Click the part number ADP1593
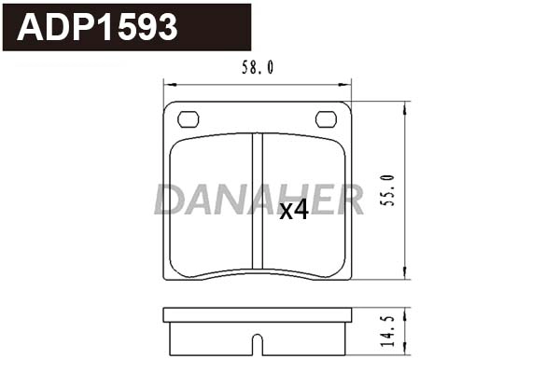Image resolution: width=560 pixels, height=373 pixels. (x=98, y=27)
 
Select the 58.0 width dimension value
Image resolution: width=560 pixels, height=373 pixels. (x=258, y=67)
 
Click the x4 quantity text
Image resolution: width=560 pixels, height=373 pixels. (x=294, y=211)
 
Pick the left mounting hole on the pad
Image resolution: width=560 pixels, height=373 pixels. (x=189, y=118)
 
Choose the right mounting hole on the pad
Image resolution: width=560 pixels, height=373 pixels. (x=327, y=118)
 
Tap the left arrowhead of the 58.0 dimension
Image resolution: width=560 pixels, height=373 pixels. (x=168, y=84)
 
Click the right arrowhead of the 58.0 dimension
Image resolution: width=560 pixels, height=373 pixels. (x=347, y=84)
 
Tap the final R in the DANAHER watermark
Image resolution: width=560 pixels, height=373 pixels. (x=349, y=199)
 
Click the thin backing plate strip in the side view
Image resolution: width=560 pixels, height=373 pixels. (x=258, y=315)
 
